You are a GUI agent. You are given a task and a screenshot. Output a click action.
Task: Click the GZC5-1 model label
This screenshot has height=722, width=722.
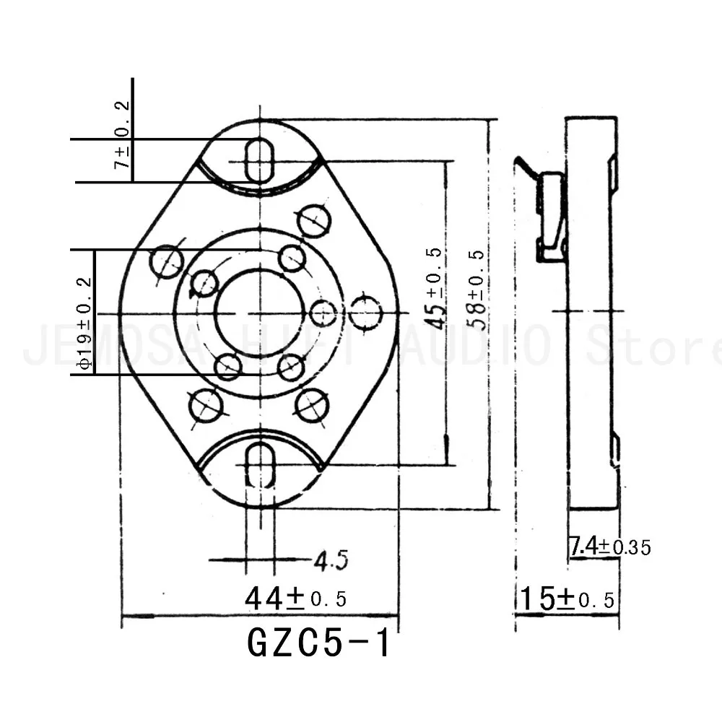point(318,642)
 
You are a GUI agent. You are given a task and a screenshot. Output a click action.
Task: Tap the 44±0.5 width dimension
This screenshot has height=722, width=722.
point(295,599)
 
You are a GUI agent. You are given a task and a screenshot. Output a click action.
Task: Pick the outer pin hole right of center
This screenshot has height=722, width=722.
point(366,313)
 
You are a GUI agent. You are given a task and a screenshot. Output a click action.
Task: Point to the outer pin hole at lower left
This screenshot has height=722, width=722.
point(204,404)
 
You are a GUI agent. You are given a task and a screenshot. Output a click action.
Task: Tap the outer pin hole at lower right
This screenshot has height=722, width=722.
point(312,405)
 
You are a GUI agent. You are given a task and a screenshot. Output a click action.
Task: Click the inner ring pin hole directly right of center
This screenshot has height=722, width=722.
point(323,313)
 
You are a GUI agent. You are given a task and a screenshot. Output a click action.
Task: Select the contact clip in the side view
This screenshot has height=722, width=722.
point(552,217)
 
